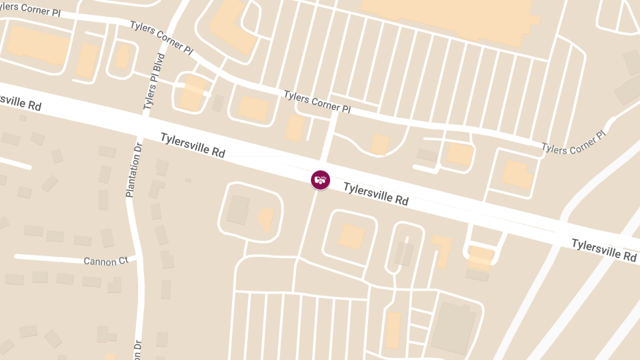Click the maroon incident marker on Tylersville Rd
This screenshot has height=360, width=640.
[x=321, y=180]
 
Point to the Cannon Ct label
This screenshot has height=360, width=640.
[x=106, y=261]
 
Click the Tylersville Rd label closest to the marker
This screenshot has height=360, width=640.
[x=375, y=194]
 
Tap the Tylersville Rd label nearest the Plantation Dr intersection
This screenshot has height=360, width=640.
[x=193, y=145]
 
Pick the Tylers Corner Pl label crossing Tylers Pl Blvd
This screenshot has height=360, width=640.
[x=161, y=37]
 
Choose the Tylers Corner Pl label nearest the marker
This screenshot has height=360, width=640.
[x=317, y=102]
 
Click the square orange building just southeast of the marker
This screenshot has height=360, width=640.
[x=351, y=236]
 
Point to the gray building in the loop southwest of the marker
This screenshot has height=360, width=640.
[x=238, y=209]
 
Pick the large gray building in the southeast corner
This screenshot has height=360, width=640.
[x=453, y=327]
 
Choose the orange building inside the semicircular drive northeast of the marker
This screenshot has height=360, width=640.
[x=380, y=145]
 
